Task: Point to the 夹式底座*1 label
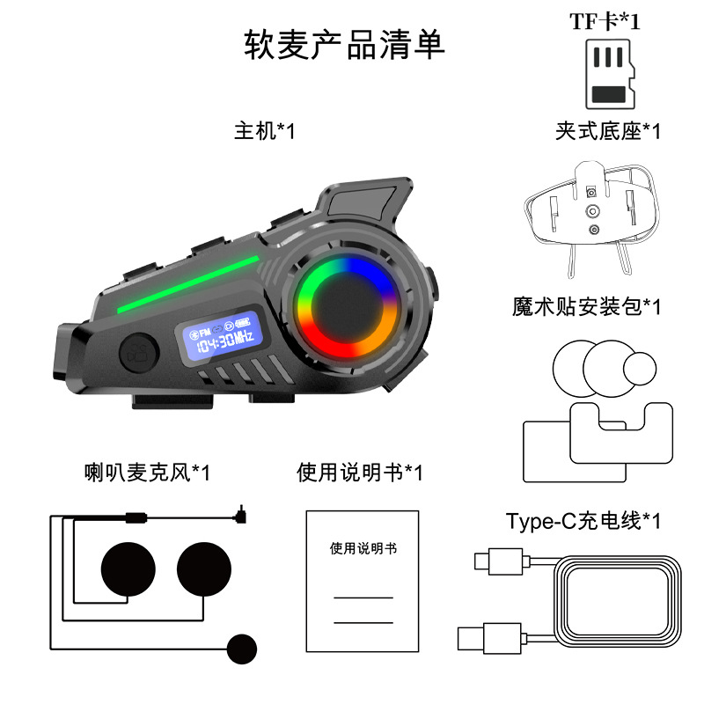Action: [x=607, y=132]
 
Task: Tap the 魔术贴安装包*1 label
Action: [x=586, y=306]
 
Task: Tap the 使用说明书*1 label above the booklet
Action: [x=360, y=473]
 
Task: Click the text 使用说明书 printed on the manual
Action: [x=363, y=548]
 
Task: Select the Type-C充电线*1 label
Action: [x=583, y=521]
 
